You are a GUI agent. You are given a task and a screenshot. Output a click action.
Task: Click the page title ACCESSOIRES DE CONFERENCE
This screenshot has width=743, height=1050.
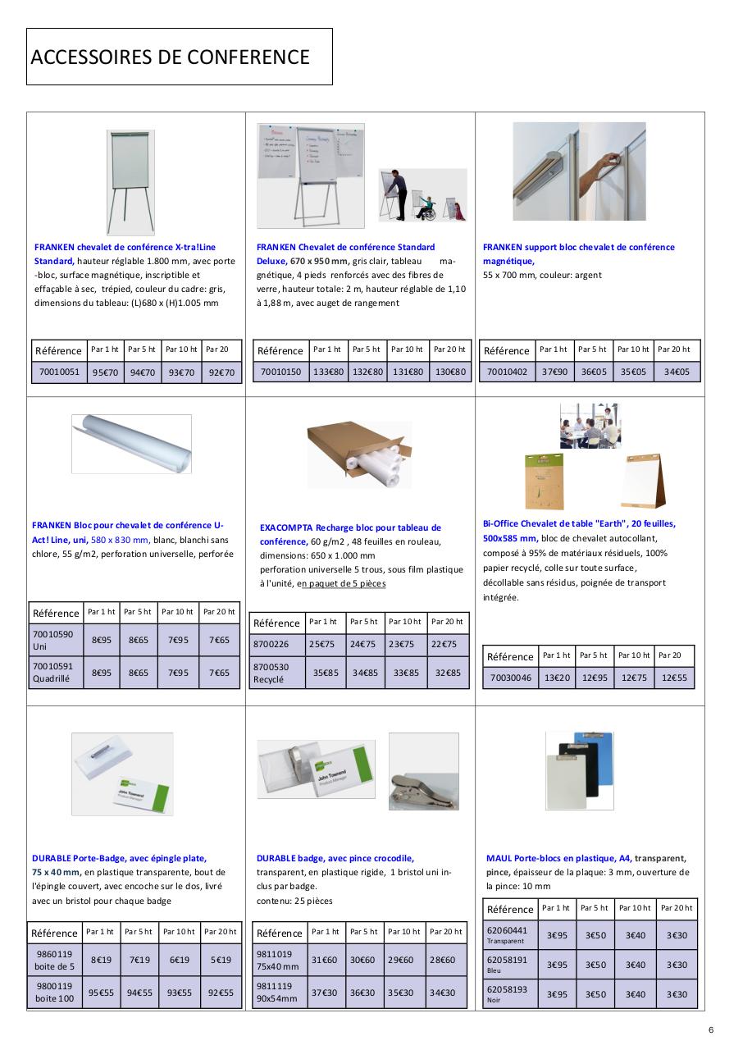171,57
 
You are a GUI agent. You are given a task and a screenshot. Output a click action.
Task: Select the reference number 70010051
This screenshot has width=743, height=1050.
59,372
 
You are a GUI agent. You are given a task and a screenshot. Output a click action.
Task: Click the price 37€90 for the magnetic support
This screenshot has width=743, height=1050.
554,372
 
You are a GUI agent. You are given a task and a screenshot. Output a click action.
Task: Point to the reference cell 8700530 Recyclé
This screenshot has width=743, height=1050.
276,673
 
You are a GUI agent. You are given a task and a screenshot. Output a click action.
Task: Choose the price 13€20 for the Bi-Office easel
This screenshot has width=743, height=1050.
557,678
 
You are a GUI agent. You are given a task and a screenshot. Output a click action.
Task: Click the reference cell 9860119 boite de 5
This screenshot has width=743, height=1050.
54,960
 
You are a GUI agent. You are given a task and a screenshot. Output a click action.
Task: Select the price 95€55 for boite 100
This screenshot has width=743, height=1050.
102,992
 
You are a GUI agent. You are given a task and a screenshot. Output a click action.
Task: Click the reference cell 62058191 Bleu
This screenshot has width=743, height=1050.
508,964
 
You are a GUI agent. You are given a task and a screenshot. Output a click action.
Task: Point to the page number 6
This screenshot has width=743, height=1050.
711,1030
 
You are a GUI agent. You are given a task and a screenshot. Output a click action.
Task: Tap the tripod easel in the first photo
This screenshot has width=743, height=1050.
130,182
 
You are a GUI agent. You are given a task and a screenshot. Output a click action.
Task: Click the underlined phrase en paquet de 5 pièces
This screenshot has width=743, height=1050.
341,584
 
